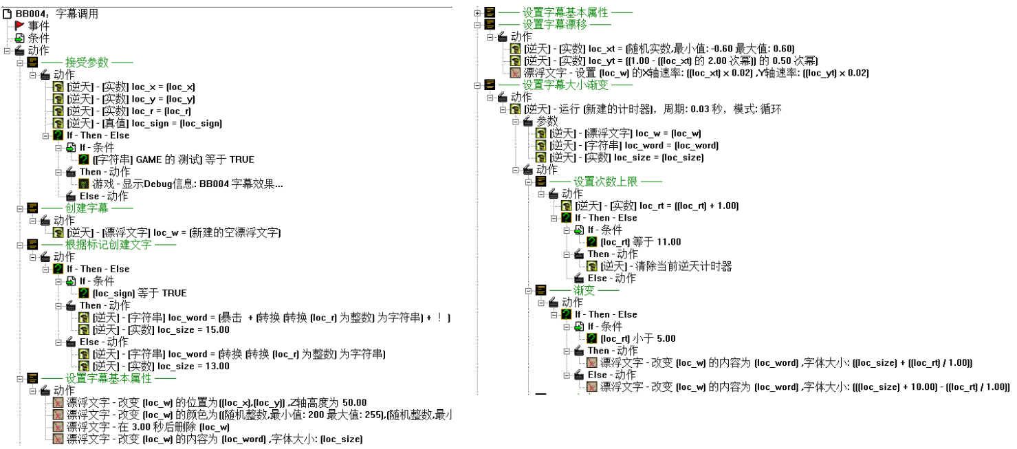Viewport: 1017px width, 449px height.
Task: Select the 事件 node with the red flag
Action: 39,25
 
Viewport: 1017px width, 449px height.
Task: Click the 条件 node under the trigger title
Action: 39,38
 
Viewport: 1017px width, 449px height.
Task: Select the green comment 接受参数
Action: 87,63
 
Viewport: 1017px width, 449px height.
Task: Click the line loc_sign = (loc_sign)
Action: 144,123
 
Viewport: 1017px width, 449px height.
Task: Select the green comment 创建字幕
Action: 87,208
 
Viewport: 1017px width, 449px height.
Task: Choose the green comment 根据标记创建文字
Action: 109,245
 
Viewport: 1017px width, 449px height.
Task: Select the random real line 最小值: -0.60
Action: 659,49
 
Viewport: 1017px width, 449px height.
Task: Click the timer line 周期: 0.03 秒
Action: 653,109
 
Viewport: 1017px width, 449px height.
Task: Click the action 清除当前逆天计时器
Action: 666,266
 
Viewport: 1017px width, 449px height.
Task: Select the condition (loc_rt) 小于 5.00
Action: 638,338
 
